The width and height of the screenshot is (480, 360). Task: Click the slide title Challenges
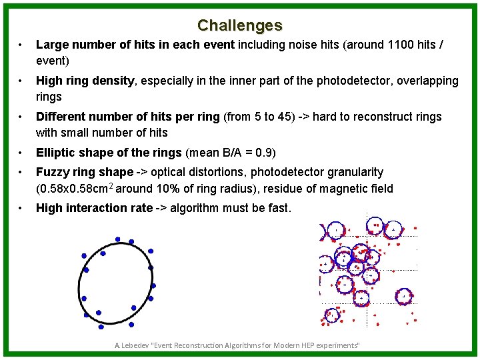click(x=239, y=25)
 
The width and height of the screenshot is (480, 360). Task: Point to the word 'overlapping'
click(x=426, y=81)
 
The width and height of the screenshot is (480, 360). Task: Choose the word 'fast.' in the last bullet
click(x=279, y=208)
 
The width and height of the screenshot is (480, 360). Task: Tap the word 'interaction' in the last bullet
click(x=94, y=208)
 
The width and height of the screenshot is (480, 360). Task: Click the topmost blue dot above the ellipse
click(x=118, y=239)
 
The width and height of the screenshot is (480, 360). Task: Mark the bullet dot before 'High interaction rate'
click(x=22, y=209)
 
